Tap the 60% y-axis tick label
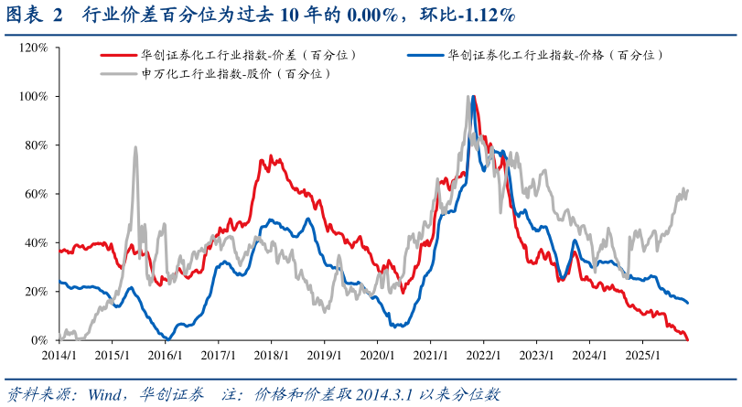(37, 194)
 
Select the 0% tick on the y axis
(40, 340)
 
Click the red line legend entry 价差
(247, 55)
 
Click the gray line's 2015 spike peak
(135, 147)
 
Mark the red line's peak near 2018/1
(262, 159)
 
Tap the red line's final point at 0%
(687, 339)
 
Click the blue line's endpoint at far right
(688, 303)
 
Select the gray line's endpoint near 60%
(687, 189)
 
